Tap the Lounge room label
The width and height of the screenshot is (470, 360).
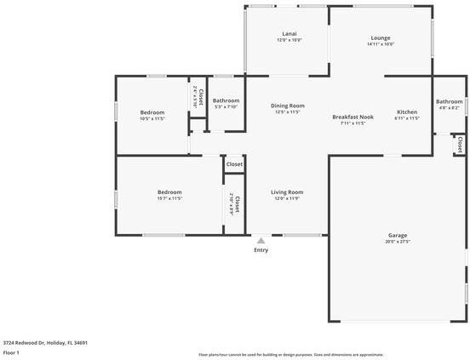[x=381, y=37]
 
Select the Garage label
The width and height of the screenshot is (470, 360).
[x=398, y=235]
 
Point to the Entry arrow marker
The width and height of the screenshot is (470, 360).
[x=261, y=240]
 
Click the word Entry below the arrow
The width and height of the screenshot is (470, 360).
[x=261, y=249]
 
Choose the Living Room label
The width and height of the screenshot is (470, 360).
[x=287, y=192]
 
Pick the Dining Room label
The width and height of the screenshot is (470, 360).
[x=288, y=106]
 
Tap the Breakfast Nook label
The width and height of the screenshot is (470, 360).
[x=353, y=117]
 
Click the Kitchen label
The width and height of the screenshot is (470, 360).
[x=407, y=111]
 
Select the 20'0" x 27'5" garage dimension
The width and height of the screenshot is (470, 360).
[x=398, y=242]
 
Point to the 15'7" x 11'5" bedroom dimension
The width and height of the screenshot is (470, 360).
[x=169, y=198]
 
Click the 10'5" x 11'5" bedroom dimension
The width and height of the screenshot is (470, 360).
[x=152, y=118]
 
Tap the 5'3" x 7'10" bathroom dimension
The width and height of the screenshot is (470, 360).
[x=226, y=106]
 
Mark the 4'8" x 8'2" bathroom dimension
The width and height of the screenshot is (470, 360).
[x=450, y=108]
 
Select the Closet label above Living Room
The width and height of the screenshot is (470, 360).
[x=234, y=164]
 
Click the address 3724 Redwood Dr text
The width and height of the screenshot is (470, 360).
[x=45, y=343]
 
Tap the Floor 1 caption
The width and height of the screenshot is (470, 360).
[x=11, y=352]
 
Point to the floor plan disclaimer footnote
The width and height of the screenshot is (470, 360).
[x=290, y=355]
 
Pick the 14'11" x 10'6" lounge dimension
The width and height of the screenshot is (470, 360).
[x=381, y=44]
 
